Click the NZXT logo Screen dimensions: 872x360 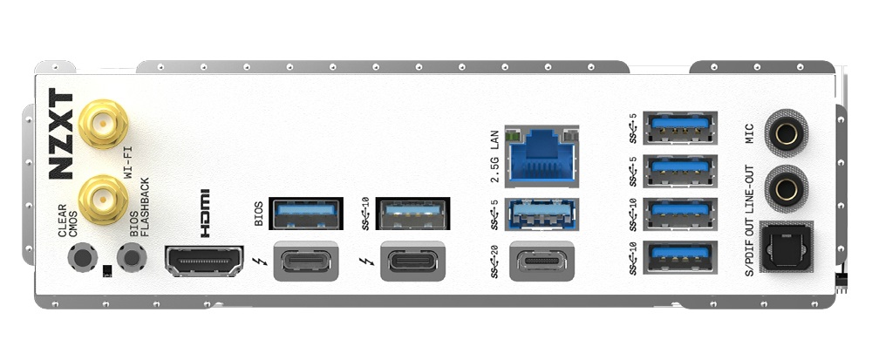click(x=61, y=134)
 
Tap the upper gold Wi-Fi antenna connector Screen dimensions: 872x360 click(x=103, y=123)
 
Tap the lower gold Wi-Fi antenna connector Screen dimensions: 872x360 click(x=103, y=199)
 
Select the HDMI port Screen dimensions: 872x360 click(x=204, y=261)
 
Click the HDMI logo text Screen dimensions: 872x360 click(x=205, y=214)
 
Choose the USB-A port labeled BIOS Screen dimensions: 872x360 click(x=305, y=214)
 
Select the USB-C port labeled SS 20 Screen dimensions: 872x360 click(x=542, y=261)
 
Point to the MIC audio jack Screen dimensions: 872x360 click(x=787, y=134)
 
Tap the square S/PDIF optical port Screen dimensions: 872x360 click(x=787, y=247)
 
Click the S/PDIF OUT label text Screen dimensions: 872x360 click(x=748, y=245)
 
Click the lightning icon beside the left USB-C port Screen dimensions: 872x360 click(x=259, y=261)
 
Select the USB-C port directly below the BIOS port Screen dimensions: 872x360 click(x=306, y=261)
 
